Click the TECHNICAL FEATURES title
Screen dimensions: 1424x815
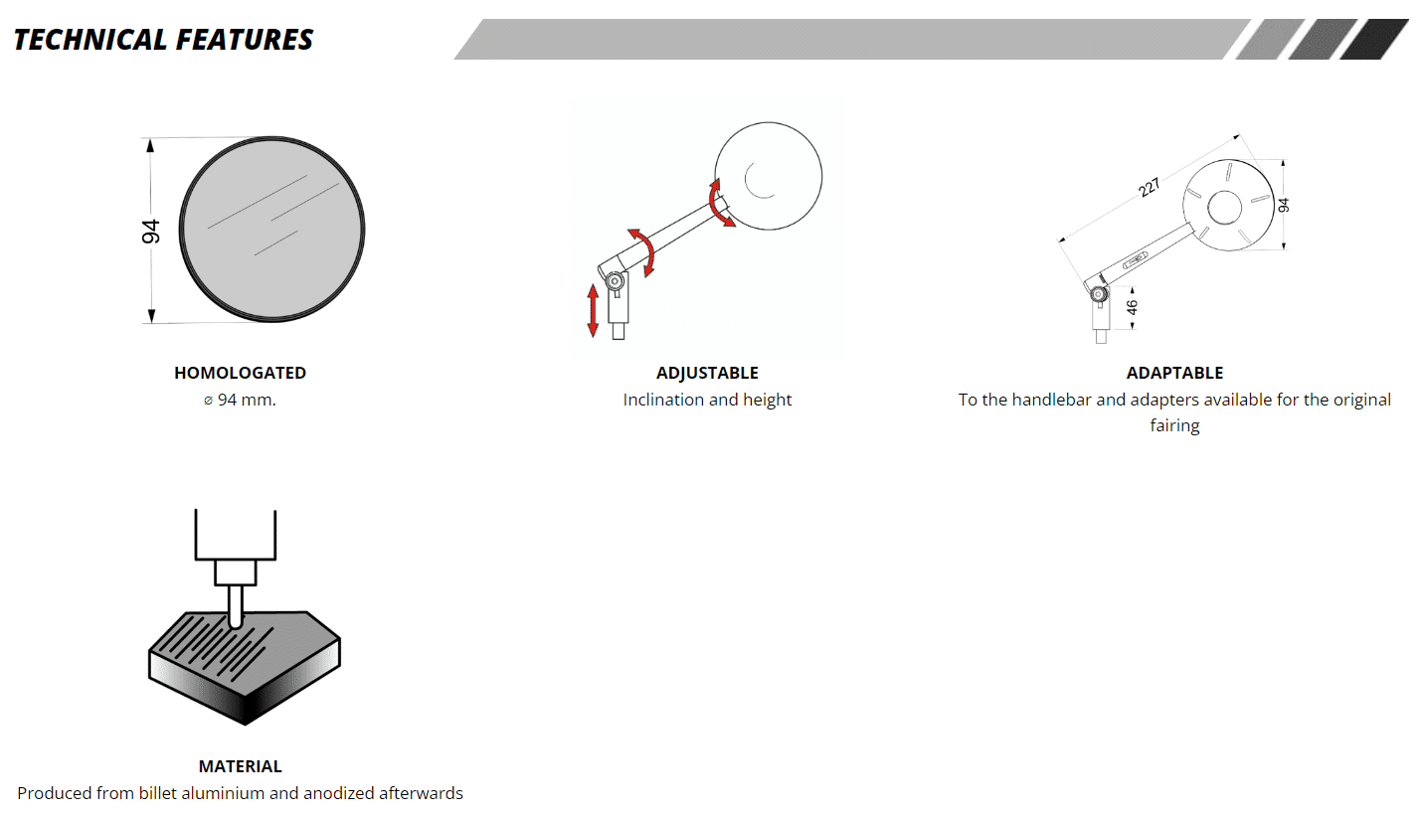click(163, 40)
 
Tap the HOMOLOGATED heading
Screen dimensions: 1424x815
click(241, 373)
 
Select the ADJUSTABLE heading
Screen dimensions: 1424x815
click(707, 373)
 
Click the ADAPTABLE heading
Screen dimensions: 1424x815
click(1174, 373)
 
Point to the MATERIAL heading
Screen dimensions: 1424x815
click(241, 766)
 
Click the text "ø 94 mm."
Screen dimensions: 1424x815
click(240, 400)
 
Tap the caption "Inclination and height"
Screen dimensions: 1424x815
click(707, 400)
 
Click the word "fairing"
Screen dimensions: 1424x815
click(1174, 425)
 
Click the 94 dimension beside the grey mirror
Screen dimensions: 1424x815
click(151, 232)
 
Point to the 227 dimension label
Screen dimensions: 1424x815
click(1149, 188)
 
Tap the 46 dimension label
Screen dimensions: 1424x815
click(1132, 307)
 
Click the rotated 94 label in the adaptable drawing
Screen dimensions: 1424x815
click(1284, 205)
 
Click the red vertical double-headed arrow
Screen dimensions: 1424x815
click(593, 311)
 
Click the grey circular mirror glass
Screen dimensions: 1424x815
click(272, 230)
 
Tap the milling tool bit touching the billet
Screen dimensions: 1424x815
click(236, 606)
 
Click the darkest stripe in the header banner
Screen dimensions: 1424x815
click(1373, 40)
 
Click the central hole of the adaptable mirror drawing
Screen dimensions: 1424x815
click(1224, 208)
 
